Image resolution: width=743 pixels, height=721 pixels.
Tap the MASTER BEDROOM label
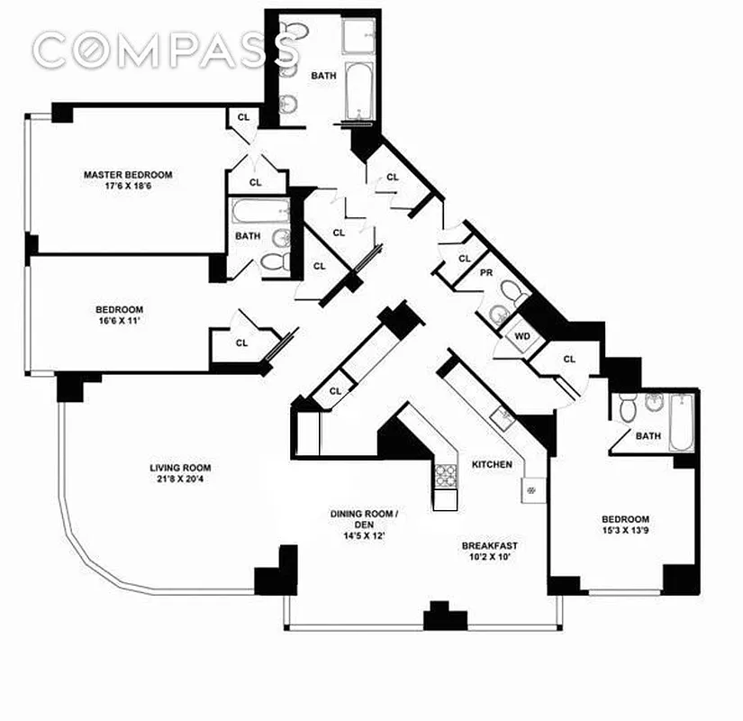click(x=128, y=175)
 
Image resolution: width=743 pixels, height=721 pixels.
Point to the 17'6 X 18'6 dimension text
click(x=128, y=187)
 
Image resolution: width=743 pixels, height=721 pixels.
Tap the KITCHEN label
click(x=492, y=464)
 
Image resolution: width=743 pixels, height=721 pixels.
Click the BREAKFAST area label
click(x=490, y=545)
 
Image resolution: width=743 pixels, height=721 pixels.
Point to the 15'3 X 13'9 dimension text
click(x=625, y=531)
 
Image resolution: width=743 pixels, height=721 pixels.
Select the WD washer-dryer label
click(x=522, y=337)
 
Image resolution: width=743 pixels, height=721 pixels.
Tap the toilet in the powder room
click(x=512, y=294)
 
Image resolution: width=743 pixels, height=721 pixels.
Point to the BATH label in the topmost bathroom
click(x=323, y=76)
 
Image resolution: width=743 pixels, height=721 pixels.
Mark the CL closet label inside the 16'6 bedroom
click(x=241, y=342)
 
